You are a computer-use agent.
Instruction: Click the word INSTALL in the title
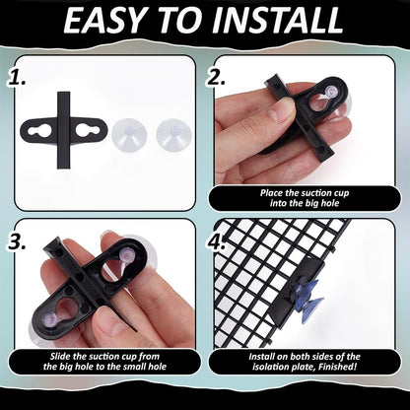(x=278, y=21)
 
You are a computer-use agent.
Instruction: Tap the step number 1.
(x=17, y=78)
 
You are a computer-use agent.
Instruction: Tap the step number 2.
(x=216, y=78)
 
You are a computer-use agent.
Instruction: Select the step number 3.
(x=17, y=241)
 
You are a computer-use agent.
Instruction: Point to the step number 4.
(x=216, y=241)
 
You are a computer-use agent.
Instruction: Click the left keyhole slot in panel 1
(x=39, y=131)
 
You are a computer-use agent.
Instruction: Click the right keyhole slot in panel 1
(x=88, y=131)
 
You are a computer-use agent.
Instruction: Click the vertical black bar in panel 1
(x=64, y=130)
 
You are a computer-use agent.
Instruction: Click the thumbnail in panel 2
(x=278, y=110)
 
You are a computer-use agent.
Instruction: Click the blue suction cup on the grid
(x=308, y=296)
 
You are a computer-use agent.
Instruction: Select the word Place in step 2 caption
(x=271, y=193)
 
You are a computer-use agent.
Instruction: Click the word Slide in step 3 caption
(x=59, y=357)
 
